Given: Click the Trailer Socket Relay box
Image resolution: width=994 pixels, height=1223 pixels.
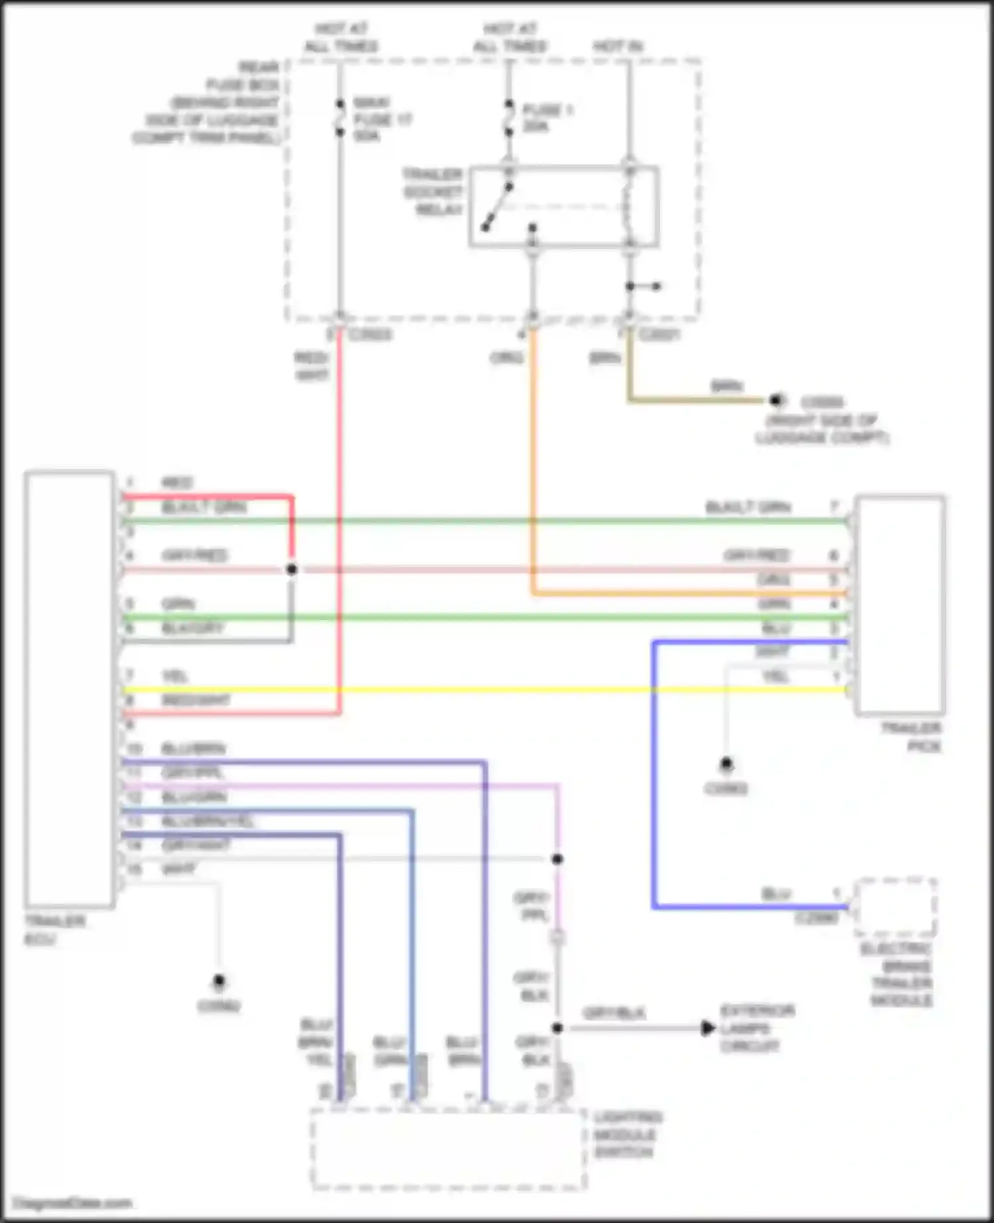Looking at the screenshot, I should (x=563, y=206).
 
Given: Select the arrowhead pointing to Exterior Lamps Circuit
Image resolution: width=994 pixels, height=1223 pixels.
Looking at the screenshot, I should (x=708, y=1028).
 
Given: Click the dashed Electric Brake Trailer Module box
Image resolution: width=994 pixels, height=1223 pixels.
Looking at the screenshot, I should (x=896, y=908).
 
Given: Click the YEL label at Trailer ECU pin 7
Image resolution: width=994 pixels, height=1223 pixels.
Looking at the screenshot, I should (x=175, y=676).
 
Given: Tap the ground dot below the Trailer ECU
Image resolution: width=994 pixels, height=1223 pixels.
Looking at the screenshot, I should (x=219, y=981).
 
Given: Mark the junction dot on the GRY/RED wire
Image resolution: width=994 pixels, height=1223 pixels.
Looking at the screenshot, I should (x=292, y=569).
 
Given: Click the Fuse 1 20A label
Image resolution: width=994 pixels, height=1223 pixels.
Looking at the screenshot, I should (x=547, y=117).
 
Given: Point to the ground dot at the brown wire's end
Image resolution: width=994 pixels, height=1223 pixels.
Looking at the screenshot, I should (x=776, y=400).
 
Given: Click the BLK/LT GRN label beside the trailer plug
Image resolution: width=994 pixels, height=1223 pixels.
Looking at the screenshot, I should (x=748, y=507).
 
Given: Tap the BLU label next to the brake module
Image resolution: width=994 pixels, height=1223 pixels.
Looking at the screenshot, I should (x=776, y=894).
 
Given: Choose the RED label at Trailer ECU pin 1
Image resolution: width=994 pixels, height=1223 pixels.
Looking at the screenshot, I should (x=177, y=482).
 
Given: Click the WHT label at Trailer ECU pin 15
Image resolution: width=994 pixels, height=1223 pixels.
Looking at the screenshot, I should (x=179, y=869).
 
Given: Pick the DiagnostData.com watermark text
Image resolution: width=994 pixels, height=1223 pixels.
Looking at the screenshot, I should (x=73, y=1203).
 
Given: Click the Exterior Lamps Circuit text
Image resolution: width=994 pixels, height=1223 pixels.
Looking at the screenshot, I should (x=757, y=1028).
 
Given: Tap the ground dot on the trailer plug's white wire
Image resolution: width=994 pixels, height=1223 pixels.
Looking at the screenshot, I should (x=726, y=764).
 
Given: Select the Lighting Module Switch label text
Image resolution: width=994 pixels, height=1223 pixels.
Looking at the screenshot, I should (x=627, y=1135).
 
